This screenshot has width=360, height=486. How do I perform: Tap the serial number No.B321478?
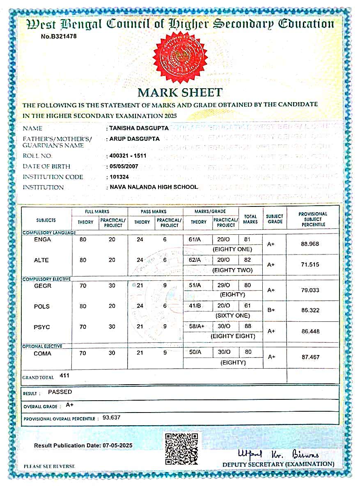tap(59, 36)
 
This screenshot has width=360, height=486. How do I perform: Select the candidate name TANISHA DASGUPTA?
tap(139, 128)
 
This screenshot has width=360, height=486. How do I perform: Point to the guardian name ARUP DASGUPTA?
tap(135, 139)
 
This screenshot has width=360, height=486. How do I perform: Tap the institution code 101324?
tap(120, 177)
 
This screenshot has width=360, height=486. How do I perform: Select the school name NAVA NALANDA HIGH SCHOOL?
tap(154, 187)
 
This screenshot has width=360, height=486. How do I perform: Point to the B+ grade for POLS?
tap(271, 310)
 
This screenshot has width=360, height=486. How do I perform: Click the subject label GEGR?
tap(43, 286)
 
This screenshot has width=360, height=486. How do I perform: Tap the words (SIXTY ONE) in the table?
tap(232, 316)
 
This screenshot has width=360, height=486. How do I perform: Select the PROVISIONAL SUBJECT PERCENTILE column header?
tap(313, 219)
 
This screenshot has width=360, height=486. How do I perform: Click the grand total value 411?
tap(64, 375)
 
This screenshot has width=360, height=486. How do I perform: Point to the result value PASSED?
tap(60, 392)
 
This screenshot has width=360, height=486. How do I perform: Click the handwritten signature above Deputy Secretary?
tap(278, 454)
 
